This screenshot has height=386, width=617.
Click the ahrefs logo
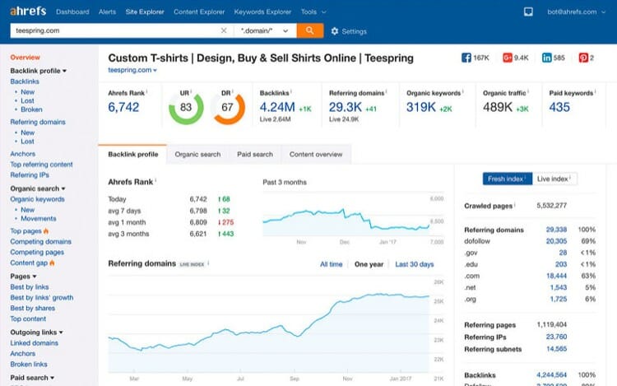coord(28,12)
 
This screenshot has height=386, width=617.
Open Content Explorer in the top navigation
coord(198,12)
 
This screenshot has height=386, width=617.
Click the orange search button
coord(309,30)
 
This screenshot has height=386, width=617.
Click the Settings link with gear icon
coord(349,31)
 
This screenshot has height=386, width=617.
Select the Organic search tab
coord(197,154)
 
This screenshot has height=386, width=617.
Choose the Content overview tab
coord(316,154)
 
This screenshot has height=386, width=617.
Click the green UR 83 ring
coord(186,108)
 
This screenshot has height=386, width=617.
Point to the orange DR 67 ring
coord(229,108)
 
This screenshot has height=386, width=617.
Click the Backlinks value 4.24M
coord(277,107)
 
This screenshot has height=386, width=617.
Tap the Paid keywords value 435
coord(559,107)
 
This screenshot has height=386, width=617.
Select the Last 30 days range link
coord(414,264)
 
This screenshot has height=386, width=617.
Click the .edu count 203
coord(560,264)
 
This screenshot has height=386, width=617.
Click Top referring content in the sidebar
coord(41,165)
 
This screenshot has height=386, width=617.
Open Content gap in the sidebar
coord(29,263)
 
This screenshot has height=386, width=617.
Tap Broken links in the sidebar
coord(29,364)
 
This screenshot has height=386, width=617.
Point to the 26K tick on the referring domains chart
coord(439,282)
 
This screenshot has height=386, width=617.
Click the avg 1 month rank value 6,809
coord(198,222)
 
